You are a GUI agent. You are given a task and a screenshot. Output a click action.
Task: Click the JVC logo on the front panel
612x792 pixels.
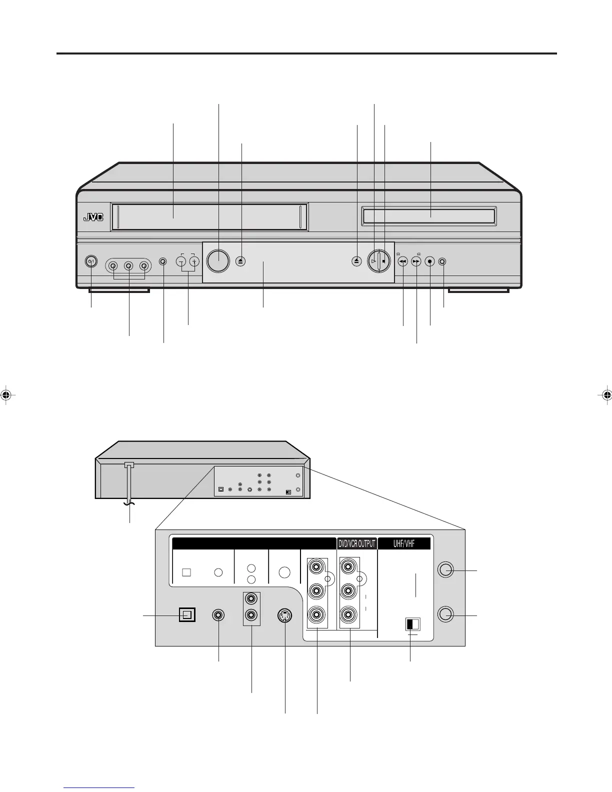(x=92, y=217)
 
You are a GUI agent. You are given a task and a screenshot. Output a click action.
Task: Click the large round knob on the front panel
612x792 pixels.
(x=217, y=260)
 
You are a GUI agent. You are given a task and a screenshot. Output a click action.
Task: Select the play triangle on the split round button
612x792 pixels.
(x=373, y=261)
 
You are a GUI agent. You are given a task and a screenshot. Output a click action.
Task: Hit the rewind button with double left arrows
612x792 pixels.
(x=402, y=261)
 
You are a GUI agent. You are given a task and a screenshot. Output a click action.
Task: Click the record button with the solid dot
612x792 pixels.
(x=429, y=261)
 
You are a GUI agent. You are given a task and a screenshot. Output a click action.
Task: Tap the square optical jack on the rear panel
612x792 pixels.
(x=186, y=615)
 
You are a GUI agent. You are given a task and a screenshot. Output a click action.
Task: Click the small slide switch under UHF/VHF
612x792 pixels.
(x=412, y=624)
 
